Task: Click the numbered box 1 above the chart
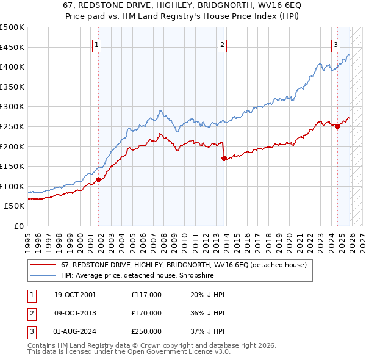(97, 44)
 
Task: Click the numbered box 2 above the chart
(222, 44)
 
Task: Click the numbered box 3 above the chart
(335, 44)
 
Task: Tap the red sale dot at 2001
(98, 179)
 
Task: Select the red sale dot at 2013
(224, 158)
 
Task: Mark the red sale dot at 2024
(337, 126)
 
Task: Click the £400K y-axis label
(12, 67)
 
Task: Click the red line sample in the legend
(43, 265)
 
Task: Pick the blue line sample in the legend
(43, 275)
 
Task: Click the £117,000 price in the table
(146, 294)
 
